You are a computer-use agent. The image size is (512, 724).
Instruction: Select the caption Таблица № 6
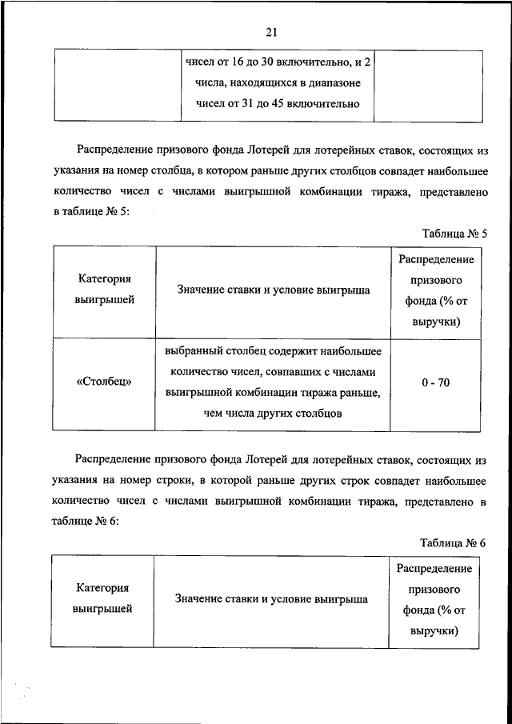point(454,542)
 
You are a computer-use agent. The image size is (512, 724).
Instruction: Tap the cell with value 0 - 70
point(436,382)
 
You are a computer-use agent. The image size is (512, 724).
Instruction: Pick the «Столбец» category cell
point(105,382)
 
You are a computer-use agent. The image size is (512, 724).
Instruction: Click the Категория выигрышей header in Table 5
point(105,290)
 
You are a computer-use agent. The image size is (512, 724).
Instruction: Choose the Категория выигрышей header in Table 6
point(102,598)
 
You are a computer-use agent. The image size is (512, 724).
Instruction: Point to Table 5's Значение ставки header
point(274,290)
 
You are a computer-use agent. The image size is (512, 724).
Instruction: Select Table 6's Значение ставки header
point(272,598)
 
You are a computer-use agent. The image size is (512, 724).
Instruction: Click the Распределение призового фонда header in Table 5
point(436,290)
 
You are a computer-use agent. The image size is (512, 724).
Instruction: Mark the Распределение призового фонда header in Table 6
point(434,598)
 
